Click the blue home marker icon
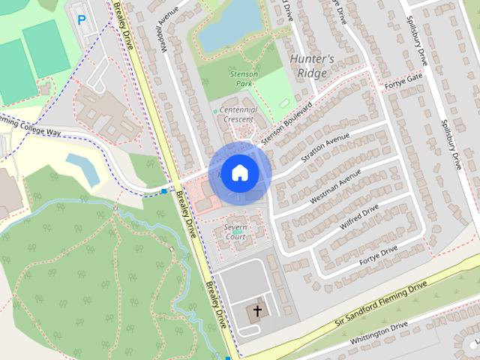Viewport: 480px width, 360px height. [238, 172]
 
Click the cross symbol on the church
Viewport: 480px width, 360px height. [257, 310]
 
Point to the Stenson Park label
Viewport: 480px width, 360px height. [244, 78]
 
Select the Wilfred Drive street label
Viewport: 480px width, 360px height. [360, 213]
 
